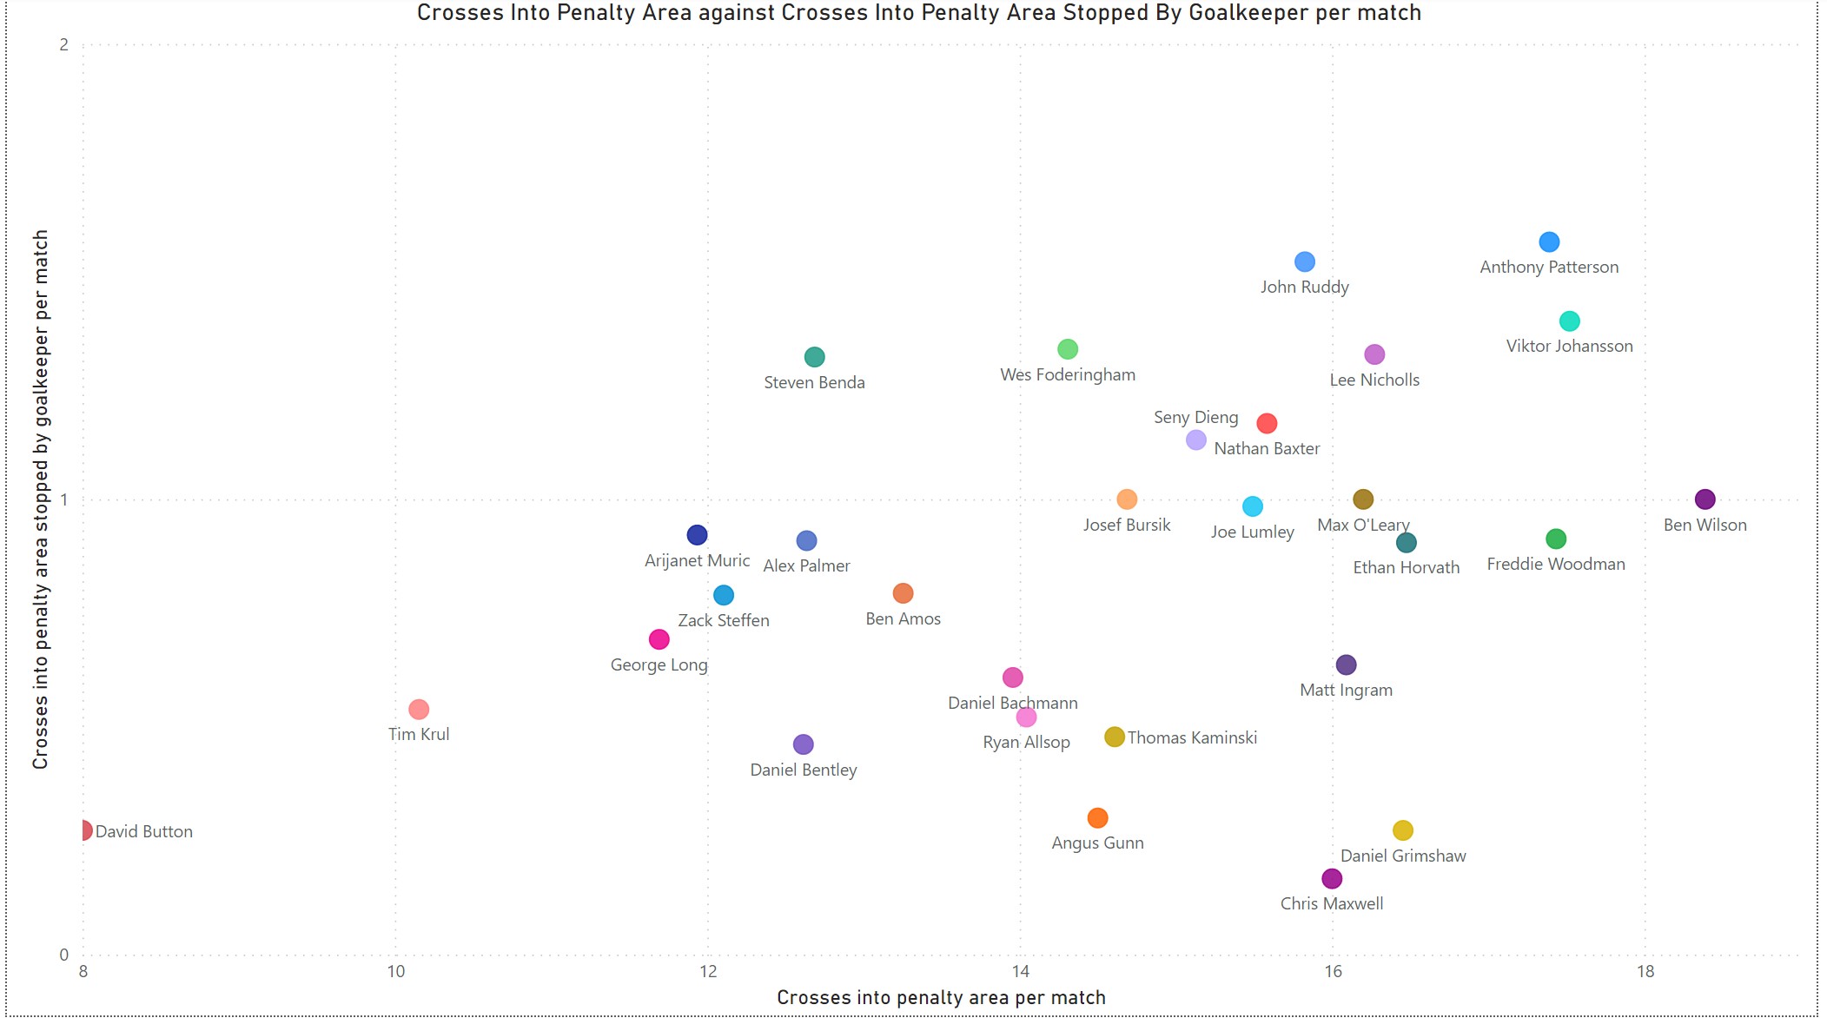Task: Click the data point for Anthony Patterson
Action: (1549, 241)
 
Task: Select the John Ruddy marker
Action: (1304, 261)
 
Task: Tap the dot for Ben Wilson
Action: (1705, 499)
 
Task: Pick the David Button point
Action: (84, 830)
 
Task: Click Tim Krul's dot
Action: (419, 709)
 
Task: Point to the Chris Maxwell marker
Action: (1332, 878)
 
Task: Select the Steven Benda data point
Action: (814, 357)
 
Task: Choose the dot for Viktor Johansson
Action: (1569, 321)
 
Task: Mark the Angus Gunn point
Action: (1097, 817)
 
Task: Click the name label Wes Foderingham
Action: (1068, 374)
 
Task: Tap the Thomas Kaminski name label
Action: (1192, 737)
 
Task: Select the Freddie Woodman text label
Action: (1556, 564)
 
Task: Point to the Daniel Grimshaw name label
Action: (1403, 856)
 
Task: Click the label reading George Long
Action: (659, 664)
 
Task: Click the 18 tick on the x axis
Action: (1645, 971)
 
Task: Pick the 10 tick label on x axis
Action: (395, 971)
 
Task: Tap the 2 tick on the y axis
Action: (63, 44)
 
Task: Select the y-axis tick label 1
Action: (63, 499)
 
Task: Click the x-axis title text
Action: (941, 997)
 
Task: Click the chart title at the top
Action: (919, 12)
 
